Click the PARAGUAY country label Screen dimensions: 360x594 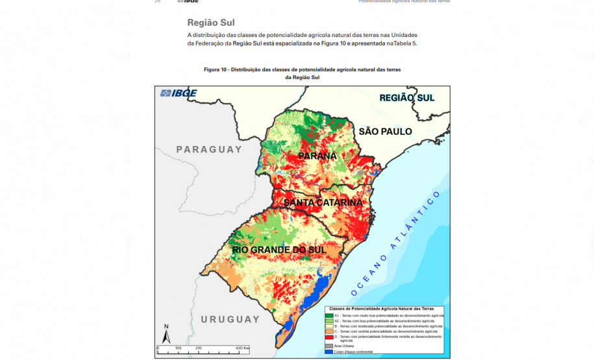tap(208, 149)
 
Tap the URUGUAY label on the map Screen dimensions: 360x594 tap(230, 319)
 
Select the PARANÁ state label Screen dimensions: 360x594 tap(317, 156)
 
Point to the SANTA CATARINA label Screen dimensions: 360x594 tap(323, 202)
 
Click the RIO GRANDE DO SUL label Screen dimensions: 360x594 tap(278, 249)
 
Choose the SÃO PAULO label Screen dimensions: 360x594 tap(385, 131)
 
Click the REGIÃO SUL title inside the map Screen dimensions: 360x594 tap(406, 97)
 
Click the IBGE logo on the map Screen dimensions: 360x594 tap(179, 93)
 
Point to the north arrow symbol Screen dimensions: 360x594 tap(166, 335)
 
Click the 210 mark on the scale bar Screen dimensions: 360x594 tap(198, 348)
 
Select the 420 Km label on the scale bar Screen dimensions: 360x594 tap(242, 348)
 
